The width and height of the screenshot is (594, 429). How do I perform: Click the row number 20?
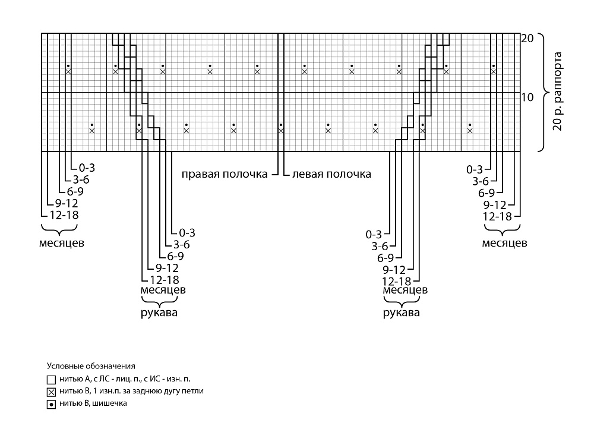coord(527,38)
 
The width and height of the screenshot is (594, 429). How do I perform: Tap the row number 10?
coord(527,97)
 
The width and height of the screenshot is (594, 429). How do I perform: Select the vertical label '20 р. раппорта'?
coord(557,92)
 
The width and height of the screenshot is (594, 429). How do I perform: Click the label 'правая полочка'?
coord(225,174)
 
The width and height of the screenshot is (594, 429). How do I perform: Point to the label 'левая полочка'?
coord(331,174)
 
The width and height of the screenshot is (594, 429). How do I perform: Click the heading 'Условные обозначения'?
coord(91,366)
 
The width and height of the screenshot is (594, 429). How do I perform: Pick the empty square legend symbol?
coord(51,379)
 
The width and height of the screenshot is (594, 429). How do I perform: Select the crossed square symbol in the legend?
coord(51,392)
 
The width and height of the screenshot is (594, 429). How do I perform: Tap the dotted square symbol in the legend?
coord(51,405)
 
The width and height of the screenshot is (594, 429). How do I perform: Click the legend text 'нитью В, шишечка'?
coord(93,403)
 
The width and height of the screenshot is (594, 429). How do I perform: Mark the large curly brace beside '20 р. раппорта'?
coord(544,93)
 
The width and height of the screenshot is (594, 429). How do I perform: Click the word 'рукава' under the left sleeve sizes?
coord(159,313)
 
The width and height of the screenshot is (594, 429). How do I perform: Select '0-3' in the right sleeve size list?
coord(374,235)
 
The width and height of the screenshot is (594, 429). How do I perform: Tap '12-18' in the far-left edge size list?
coord(64,215)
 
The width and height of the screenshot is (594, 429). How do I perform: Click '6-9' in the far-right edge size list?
coord(486,193)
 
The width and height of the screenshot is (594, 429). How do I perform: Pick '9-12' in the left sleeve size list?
coord(167,268)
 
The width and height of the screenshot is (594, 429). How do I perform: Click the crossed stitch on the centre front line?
coord(281,131)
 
